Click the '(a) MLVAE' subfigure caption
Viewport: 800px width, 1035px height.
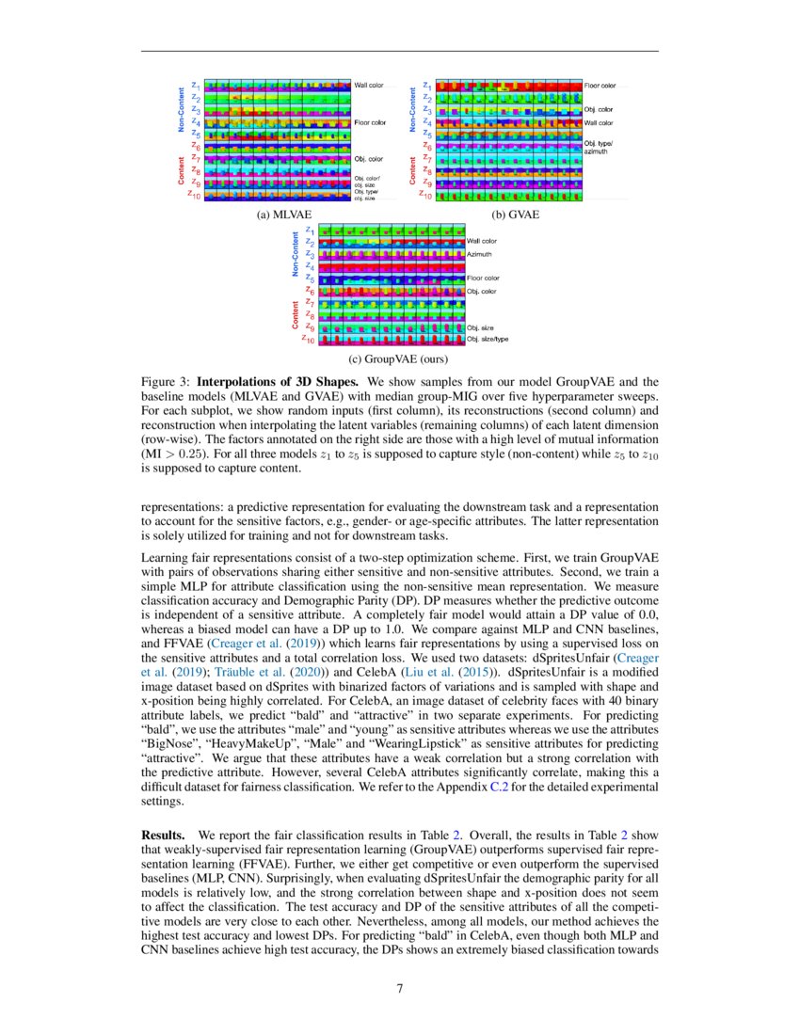click(x=284, y=215)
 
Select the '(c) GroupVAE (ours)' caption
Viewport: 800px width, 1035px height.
click(x=399, y=358)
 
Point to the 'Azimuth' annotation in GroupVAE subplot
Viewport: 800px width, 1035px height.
click(x=479, y=254)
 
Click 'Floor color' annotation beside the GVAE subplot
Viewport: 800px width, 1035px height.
click(x=600, y=86)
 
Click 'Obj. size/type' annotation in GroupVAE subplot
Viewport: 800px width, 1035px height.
click(x=488, y=338)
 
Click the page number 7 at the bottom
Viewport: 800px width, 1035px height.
click(x=399, y=989)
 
